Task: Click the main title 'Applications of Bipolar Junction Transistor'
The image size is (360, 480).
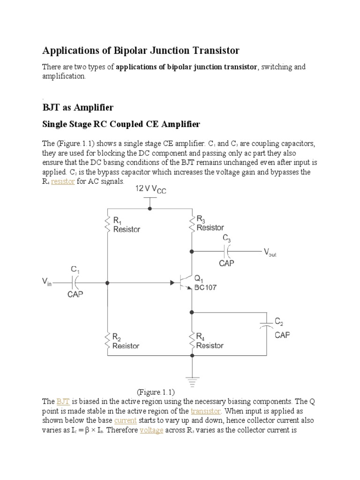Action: coord(141,50)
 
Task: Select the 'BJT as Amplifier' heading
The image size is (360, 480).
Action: coord(78,108)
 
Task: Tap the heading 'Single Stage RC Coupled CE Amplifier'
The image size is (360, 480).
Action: coord(121,124)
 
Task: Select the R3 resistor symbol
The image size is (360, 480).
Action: coord(191,224)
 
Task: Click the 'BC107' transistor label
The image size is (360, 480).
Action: coord(205,288)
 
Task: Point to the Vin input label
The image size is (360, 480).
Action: coord(47,283)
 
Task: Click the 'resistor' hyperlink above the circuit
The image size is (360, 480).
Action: coord(63,181)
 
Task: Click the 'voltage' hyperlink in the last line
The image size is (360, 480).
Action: coord(151,430)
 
